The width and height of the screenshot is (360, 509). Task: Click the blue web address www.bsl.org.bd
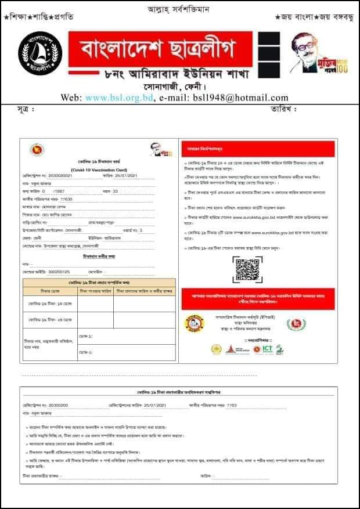119,98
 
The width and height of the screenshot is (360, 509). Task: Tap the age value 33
115,190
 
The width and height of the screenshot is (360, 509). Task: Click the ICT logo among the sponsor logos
268,349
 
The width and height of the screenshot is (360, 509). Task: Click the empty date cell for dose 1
95,304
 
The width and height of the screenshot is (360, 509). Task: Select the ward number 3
141,230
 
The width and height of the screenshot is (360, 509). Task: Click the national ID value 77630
72,198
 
